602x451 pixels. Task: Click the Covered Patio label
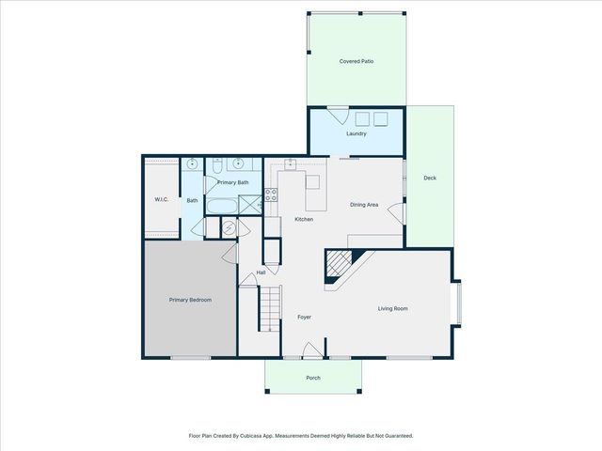(356, 61)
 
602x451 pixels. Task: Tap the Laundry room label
(356, 133)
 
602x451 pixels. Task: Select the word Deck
(429, 178)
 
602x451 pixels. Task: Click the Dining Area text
(364, 205)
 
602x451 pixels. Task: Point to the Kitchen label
(304, 219)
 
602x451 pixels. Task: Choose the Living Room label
(393, 308)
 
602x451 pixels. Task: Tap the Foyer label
(304, 317)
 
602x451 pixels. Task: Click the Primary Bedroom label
(190, 300)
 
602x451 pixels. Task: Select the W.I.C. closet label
(161, 199)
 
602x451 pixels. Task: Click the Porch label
(313, 378)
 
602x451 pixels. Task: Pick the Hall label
(261, 272)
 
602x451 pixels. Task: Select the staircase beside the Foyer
(270, 310)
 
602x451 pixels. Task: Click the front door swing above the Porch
(311, 351)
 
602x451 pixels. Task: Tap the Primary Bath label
(232, 182)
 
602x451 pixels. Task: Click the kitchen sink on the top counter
(292, 163)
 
